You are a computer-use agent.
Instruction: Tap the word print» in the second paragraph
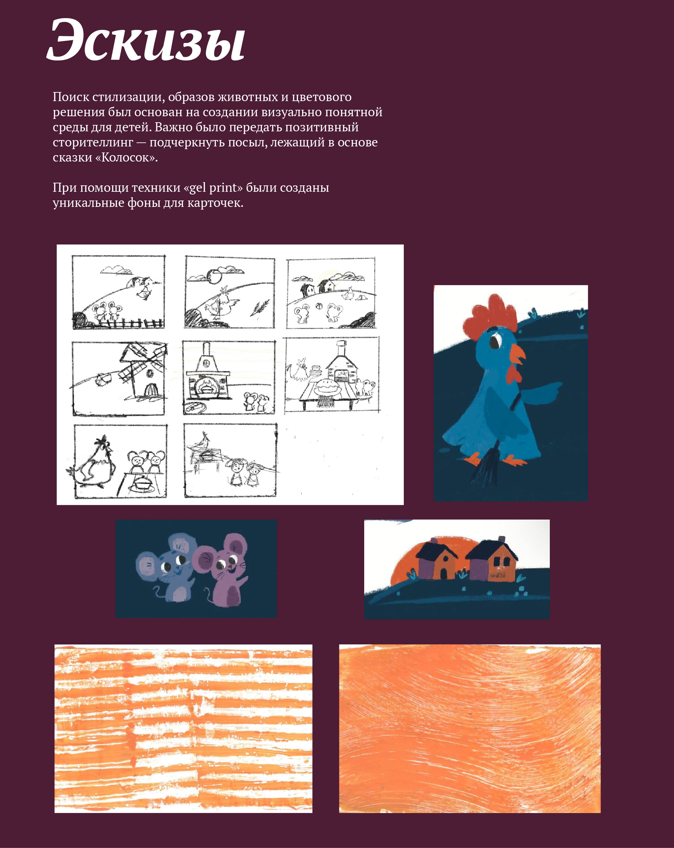click(x=225, y=188)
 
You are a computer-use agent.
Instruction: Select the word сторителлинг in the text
click(x=93, y=143)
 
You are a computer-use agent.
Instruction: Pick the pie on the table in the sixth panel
click(x=327, y=388)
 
